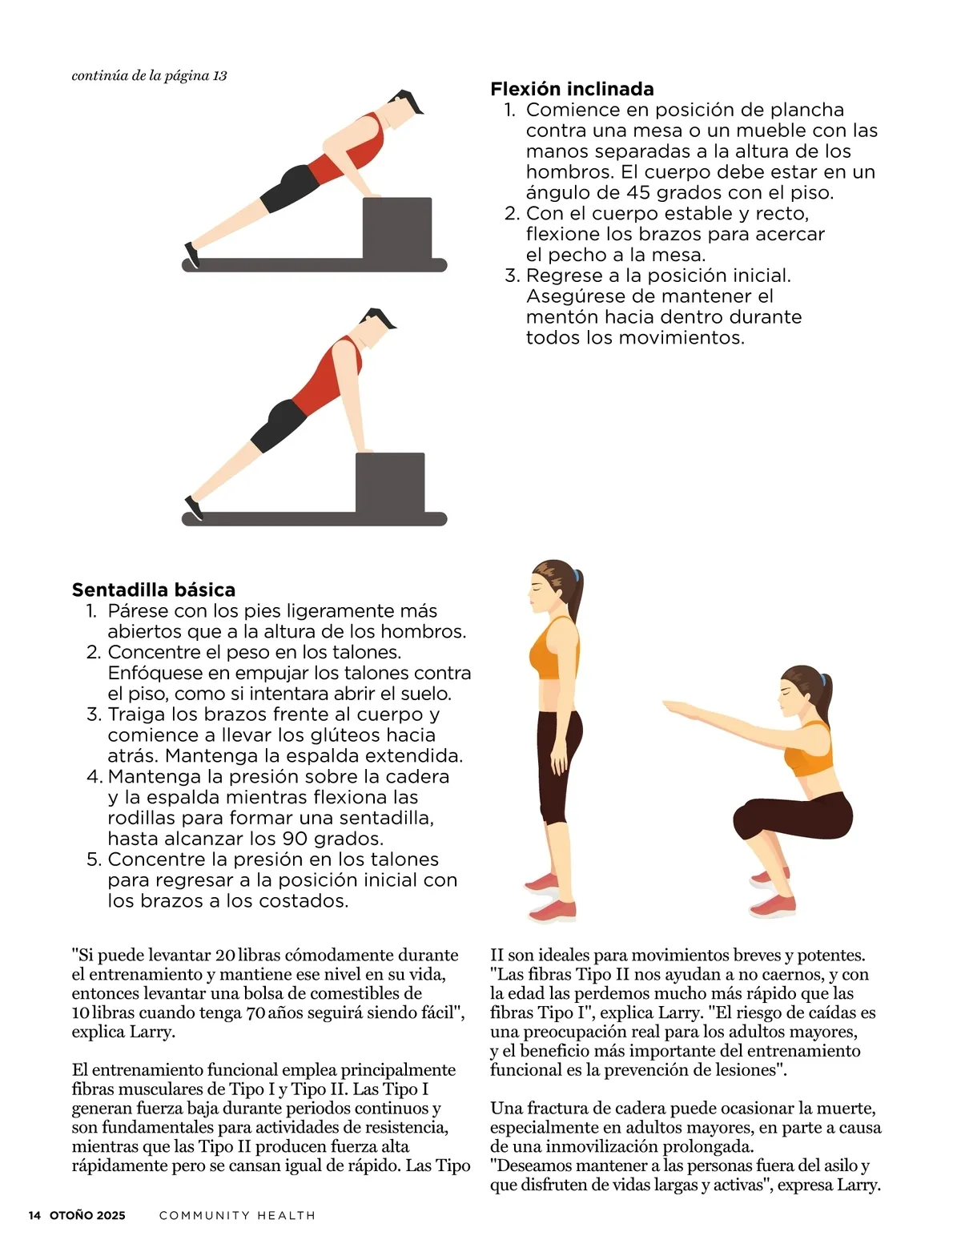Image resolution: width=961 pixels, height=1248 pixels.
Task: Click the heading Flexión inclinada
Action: (572, 88)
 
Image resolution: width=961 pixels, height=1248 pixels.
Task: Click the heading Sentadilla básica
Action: (153, 590)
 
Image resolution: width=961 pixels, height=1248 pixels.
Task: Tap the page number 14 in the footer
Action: (34, 1215)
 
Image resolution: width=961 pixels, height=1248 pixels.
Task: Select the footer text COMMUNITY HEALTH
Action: (237, 1215)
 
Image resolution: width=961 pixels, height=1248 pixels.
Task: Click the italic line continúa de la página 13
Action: (149, 76)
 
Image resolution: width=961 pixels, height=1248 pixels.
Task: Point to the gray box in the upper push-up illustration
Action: (396, 228)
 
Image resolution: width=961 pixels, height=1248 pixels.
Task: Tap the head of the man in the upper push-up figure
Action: (404, 108)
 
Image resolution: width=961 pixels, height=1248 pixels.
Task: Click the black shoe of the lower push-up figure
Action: (194, 509)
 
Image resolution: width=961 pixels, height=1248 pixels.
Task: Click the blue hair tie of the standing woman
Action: (576, 575)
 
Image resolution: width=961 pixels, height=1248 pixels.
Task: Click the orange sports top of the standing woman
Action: (553, 649)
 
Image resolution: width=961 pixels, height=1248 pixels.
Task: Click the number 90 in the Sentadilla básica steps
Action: (295, 839)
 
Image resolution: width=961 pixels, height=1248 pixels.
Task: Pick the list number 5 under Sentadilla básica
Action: (94, 860)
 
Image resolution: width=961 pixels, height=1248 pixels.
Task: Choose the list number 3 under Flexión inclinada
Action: (512, 276)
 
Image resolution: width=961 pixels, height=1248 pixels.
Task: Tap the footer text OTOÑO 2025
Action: (87, 1215)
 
